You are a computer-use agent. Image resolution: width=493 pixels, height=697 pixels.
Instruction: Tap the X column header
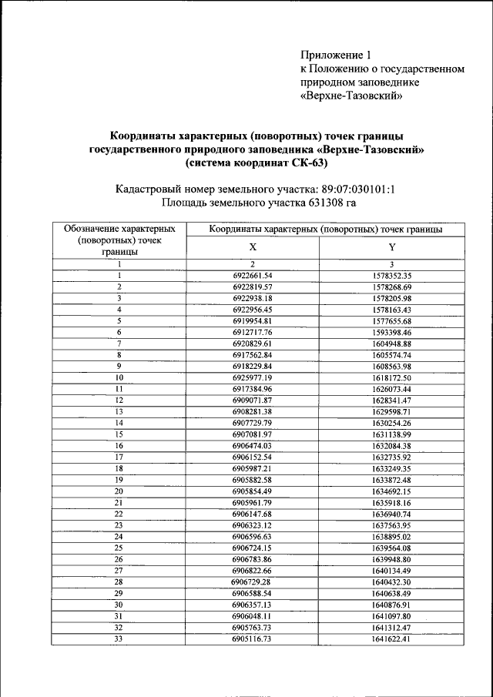(x=253, y=248)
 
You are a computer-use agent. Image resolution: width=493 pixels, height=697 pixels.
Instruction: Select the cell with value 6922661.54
(x=253, y=275)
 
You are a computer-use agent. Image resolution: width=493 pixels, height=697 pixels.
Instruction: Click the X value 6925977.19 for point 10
(x=253, y=379)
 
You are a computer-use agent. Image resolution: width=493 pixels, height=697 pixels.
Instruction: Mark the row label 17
(x=119, y=457)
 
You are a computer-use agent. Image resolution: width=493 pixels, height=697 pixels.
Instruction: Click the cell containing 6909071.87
(x=253, y=400)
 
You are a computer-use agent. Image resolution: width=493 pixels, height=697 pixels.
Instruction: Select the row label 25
(x=119, y=548)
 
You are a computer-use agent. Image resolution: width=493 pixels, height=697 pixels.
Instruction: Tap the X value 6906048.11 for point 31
(x=253, y=616)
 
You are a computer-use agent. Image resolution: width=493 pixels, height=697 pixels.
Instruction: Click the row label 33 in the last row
(x=119, y=638)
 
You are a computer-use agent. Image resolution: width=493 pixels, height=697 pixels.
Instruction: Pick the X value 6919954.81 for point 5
(x=253, y=321)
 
